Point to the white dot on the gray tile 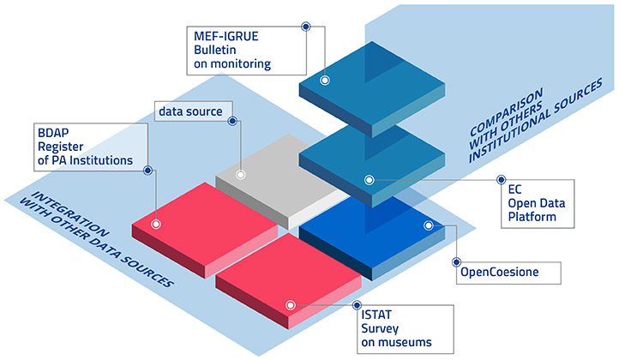point(241,175)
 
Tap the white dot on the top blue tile point(325,81)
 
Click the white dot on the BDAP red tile point(156,224)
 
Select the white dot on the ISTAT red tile point(291,304)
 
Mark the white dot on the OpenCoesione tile point(427,225)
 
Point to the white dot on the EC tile point(370,180)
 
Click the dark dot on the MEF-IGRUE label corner point(305,26)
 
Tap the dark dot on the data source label point(231,111)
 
